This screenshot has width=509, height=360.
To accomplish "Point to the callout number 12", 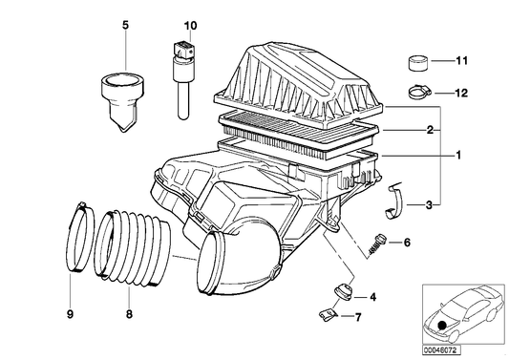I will [x=462, y=93].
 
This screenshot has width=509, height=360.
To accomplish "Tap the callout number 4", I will [x=372, y=297].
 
